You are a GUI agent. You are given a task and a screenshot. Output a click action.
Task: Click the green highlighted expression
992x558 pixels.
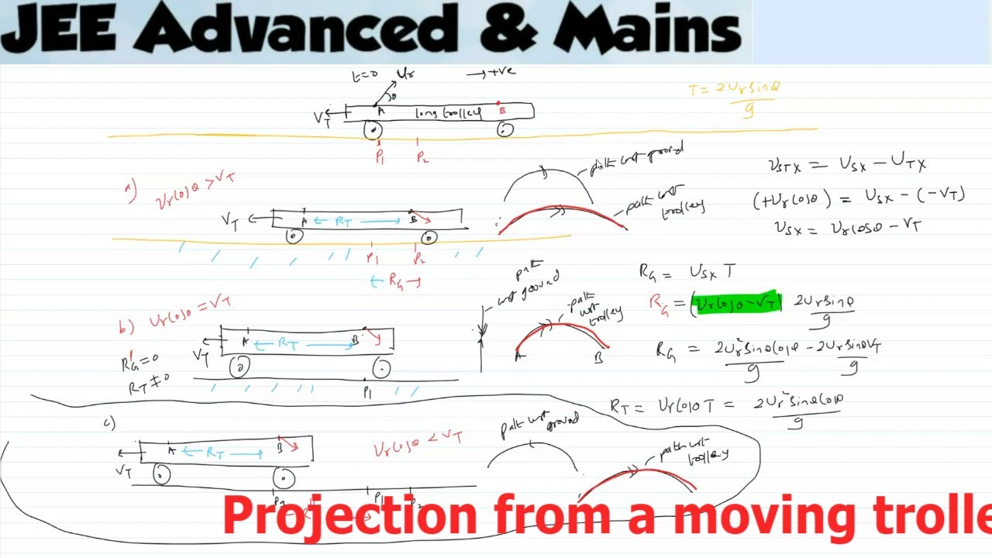737,302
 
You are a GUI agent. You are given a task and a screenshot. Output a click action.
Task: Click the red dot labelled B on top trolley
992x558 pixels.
501,104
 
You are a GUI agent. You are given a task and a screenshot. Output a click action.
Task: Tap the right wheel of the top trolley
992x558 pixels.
505,129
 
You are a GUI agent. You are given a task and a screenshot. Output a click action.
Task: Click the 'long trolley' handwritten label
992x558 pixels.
447,113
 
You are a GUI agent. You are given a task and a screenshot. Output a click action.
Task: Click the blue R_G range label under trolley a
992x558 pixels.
396,281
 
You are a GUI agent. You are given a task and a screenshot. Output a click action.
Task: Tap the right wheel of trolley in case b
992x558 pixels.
381,367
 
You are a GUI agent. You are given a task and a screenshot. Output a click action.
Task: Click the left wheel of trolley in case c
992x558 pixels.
161,474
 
